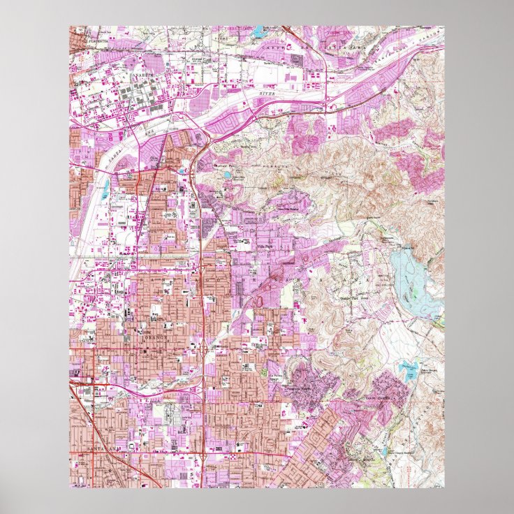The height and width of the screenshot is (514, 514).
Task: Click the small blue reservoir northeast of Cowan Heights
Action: click(406, 368)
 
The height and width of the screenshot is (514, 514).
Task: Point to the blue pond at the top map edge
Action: click(260, 31)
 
